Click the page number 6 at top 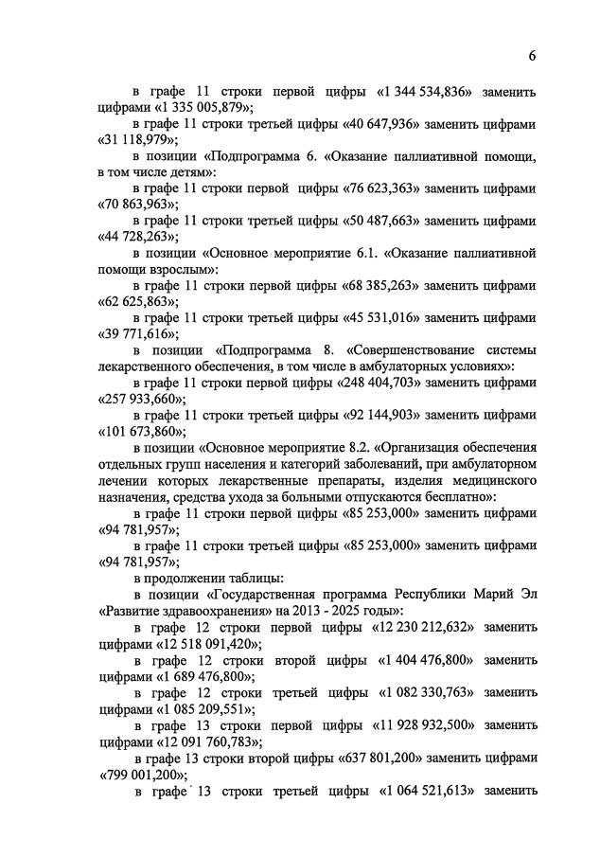click(532, 56)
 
